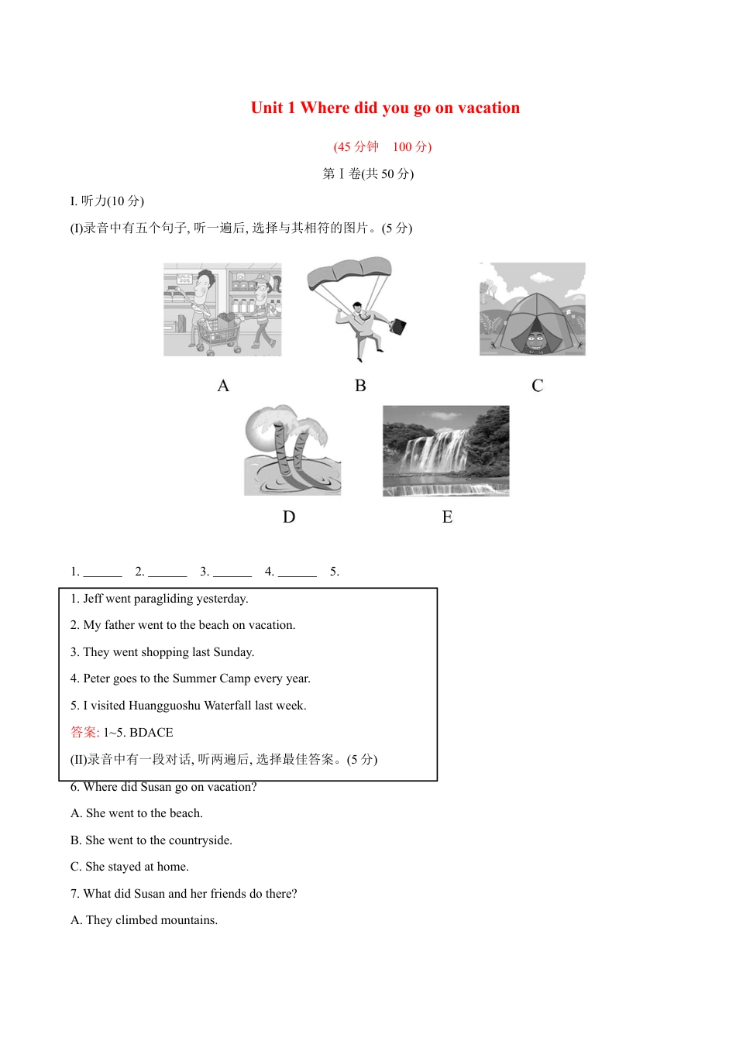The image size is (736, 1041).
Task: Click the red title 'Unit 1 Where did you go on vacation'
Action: (x=385, y=108)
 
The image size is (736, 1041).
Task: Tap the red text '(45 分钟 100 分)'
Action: (x=383, y=146)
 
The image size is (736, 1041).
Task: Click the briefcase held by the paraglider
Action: (x=397, y=326)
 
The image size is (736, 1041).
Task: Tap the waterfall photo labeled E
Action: (x=445, y=450)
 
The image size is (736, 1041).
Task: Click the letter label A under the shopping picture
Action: (x=223, y=386)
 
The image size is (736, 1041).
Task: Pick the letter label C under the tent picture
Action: (x=537, y=386)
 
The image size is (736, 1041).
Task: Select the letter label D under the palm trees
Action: (x=289, y=517)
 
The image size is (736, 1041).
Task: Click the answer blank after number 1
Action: (x=103, y=573)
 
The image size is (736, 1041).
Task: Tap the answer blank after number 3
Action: (x=232, y=573)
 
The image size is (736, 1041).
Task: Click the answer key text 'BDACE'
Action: (x=151, y=733)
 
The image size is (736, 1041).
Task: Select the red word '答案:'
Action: (x=84, y=733)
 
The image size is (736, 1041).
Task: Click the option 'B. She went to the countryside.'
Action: (x=151, y=840)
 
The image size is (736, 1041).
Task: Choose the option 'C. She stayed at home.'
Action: (x=129, y=867)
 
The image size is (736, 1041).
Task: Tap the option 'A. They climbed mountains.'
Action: (x=144, y=920)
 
